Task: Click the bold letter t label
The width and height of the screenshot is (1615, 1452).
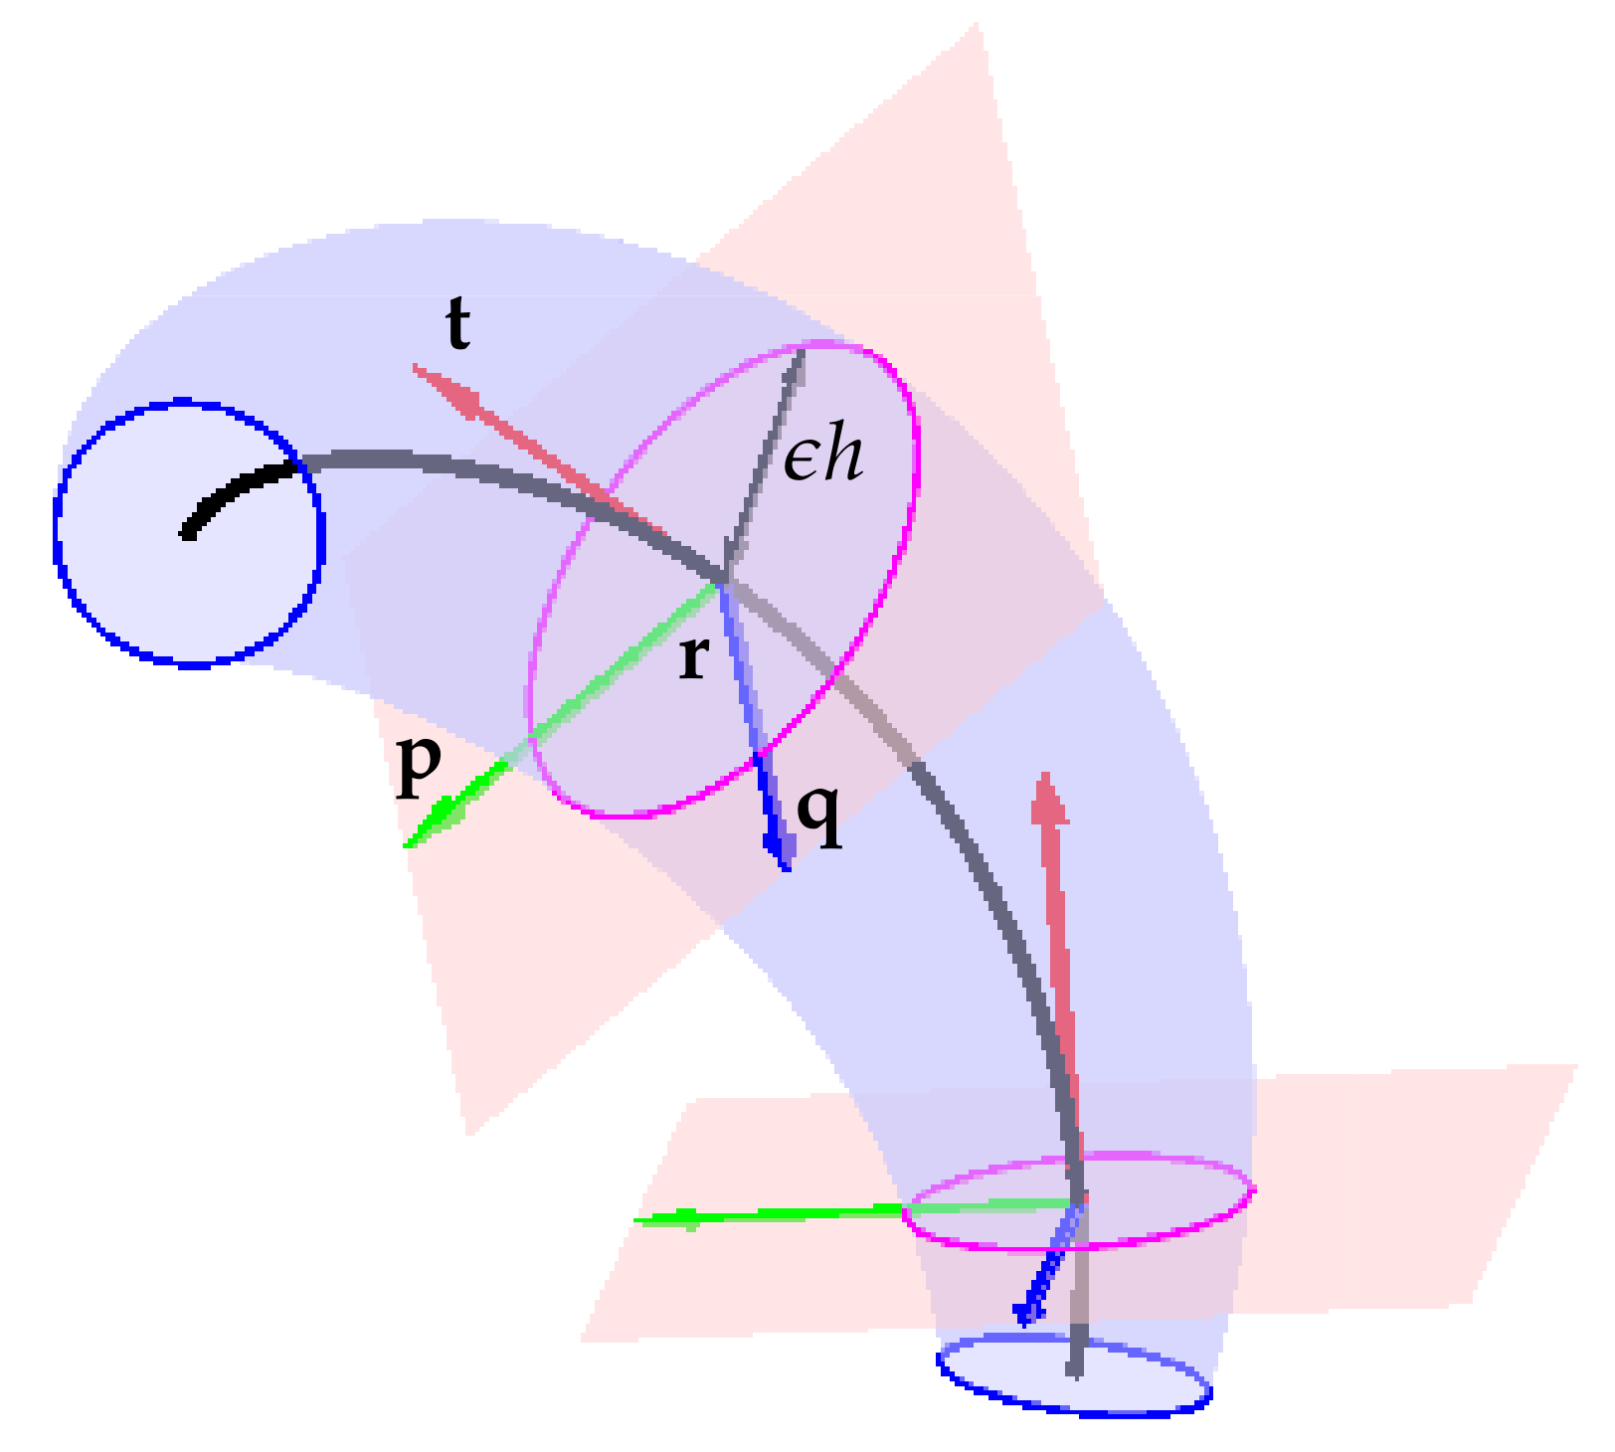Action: [x=457, y=324]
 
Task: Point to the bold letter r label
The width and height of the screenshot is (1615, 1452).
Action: [x=693, y=658]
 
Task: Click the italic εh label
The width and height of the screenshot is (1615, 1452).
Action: [x=823, y=458]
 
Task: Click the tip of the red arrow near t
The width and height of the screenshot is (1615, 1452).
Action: [x=414, y=366]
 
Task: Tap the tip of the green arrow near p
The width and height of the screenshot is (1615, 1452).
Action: [x=406, y=846]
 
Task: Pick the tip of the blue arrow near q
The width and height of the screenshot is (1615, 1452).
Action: [x=787, y=870]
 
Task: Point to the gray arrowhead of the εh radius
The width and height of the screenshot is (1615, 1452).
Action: [x=801, y=350]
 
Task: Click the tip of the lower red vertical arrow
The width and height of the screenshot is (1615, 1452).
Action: [x=1046, y=774]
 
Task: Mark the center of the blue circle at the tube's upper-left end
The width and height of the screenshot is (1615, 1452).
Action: [x=189, y=534]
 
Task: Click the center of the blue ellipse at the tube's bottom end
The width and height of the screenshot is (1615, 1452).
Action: [x=1074, y=1375]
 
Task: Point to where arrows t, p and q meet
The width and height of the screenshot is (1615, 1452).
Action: [x=723, y=582]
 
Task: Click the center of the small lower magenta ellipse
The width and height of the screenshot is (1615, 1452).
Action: [x=1079, y=1201]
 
